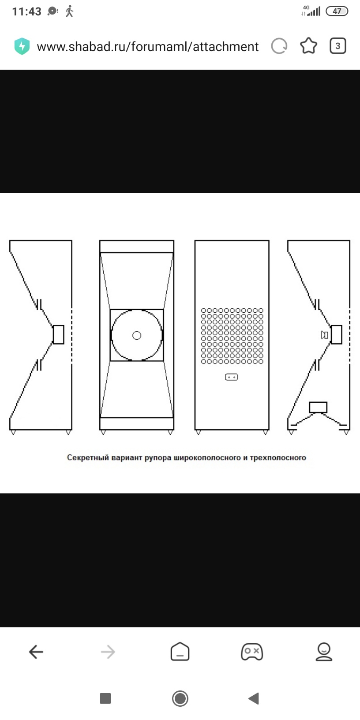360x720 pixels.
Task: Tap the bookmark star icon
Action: click(x=308, y=45)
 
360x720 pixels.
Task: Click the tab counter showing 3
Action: click(x=338, y=46)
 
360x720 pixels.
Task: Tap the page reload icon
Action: click(x=279, y=46)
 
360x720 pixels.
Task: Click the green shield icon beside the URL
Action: click(x=22, y=46)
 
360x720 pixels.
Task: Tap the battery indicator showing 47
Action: click(x=337, y=11)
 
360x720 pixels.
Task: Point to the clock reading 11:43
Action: click(x=26, y=11)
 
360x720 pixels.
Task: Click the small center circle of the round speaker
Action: click(x=137, y=336)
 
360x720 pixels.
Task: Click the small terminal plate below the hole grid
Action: click(x=232, y=377)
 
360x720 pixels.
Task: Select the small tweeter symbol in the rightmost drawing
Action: click(x=324, y=335)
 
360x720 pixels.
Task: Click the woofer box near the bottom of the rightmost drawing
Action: click(x=318, y=407)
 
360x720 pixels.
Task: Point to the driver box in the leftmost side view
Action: click(x=59, y=334)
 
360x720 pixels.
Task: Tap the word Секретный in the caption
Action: click(x=88, y=457)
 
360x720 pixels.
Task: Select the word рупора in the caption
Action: click(x=158, y=457)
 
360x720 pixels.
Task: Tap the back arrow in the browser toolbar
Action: click(x=36, y=652)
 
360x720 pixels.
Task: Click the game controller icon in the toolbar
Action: click(x=252, y=652)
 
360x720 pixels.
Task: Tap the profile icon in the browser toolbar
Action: click(x=324, y=652)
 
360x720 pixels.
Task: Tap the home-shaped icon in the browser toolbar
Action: click(x=180, y=652)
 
